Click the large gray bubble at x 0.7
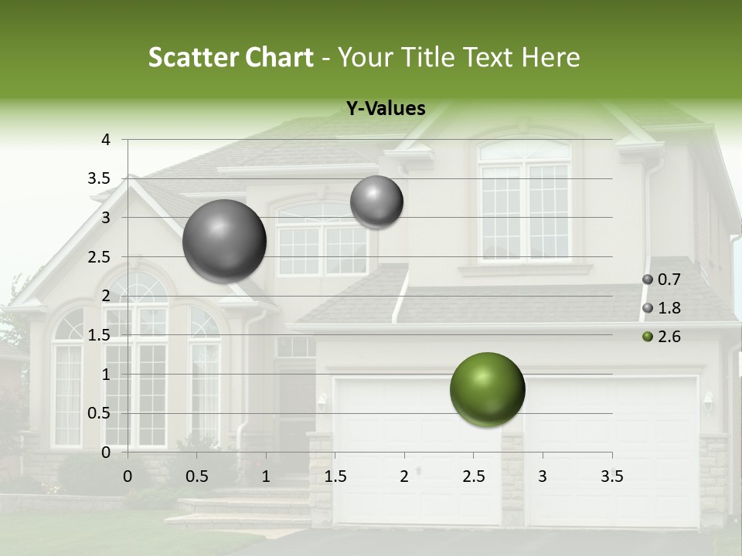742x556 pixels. [x=224, y=241]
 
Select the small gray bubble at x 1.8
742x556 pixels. [x=376, y=202]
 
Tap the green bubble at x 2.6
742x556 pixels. [x=487, y=389]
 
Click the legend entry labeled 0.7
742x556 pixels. [x=662, y=280]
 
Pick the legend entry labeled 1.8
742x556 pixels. [x=662, y=308]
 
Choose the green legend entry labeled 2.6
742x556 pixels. [x=662, y=337]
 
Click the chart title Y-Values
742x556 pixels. [x=385, y=109]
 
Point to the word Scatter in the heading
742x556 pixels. [x=195, y=57]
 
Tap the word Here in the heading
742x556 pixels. [x=550, y=57]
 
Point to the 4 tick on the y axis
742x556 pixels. [x=106, y=140]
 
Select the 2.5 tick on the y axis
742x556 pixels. [x=100, y=257]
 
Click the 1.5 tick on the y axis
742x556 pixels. [x=100, y=335]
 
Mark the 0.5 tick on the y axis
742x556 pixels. [x=100, y=413]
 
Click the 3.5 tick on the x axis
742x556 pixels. [x=611, y=476]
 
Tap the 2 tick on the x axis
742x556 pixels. [x=404, y=476]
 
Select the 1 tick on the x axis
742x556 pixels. [x=266, y=476]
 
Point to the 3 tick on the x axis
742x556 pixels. [x=543, y=476]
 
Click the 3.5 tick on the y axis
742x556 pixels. [x=100, y=179]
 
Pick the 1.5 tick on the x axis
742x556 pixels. [x=335, y=476]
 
